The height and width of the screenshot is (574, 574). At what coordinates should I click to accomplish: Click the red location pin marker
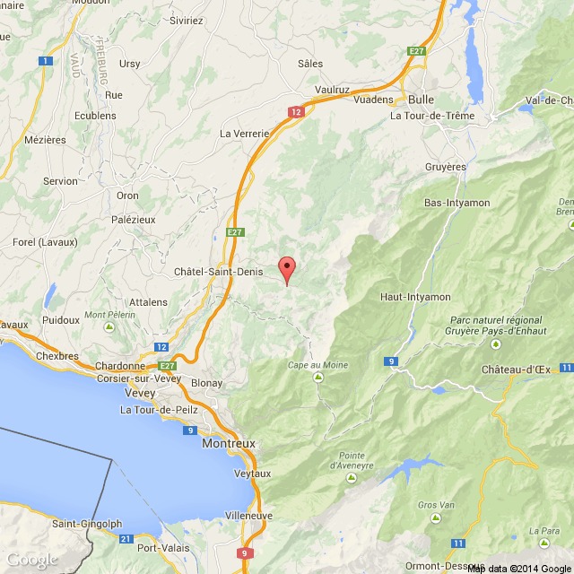pyautogui.click(x=287, y=268)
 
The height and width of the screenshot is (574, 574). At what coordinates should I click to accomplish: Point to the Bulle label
pyautogui.click(x=421, y=100)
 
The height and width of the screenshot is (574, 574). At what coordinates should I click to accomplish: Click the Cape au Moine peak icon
pyautogui.click(x=318, y=378)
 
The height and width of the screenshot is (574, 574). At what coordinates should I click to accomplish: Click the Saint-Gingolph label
pyautogui.click(x=87, y=524)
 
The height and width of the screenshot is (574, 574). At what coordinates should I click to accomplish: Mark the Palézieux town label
pyautogui.click(x=132, y=218)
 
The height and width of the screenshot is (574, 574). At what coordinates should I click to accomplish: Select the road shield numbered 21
pyautogui.click(x=125, y=538)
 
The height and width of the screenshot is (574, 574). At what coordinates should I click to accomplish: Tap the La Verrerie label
pyautogui.click(x=245, y=133)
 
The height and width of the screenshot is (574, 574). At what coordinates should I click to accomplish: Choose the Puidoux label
pyautogui.click(x=61, y=319)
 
